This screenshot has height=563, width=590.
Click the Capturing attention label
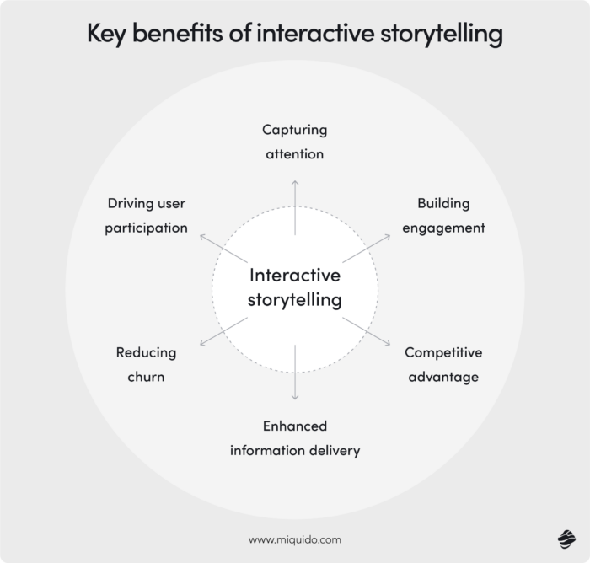pos(294,142)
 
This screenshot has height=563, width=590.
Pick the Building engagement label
pos(443,216)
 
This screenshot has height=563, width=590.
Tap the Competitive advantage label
pos(443,364)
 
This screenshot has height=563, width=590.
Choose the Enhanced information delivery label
pos(294,438)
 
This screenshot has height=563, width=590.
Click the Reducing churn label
pos(146,364)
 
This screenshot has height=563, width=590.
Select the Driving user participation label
pos(146,216)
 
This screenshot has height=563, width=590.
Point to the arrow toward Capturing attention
pos(294,206)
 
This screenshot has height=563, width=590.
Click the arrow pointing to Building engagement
pos(367,249)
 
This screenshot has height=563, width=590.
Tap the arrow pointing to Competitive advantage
pos(367,330)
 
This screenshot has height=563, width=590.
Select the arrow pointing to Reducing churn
pos(223,330)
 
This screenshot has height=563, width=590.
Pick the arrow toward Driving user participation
pos(223,249)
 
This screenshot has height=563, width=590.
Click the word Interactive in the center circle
pos(294,276)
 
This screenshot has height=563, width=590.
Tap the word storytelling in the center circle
pos(294,299)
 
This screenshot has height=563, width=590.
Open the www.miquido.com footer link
pos(294,539)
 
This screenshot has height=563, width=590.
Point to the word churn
pos(146,376)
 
